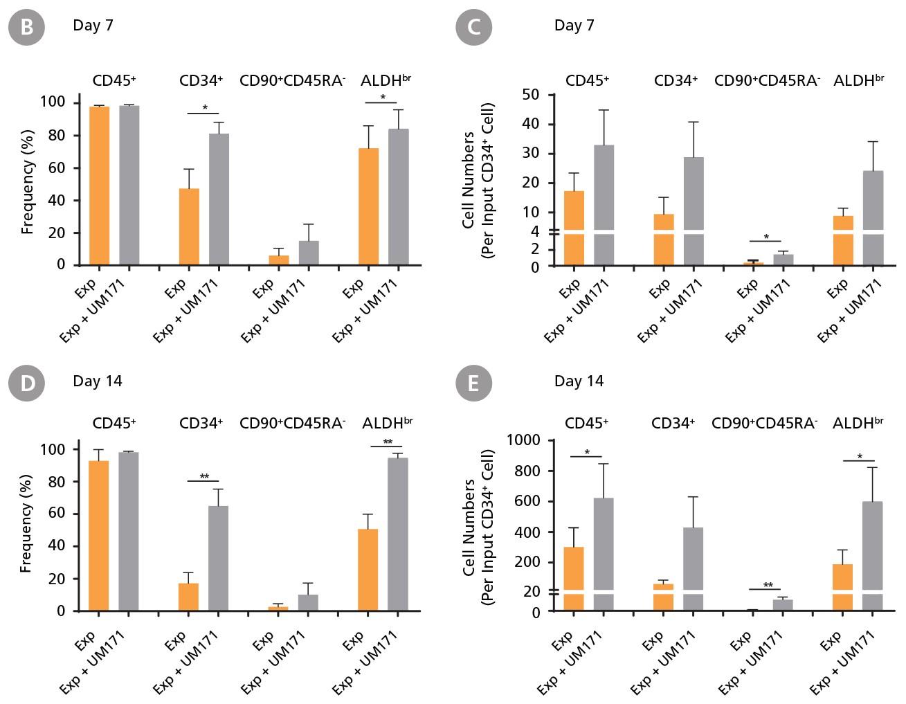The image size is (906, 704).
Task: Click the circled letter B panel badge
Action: tap(27, 27)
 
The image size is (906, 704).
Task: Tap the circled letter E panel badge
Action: tap(473, 383)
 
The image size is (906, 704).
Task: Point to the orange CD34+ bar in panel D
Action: tap(188, 597)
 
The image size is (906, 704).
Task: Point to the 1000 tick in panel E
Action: tap(524, 440)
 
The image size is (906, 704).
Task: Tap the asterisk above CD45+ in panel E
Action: tap(587, 453)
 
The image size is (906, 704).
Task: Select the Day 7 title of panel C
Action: tap(574, 26)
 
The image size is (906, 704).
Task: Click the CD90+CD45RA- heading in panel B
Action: tap(292, 80)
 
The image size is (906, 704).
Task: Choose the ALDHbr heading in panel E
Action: tap(858, 422)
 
